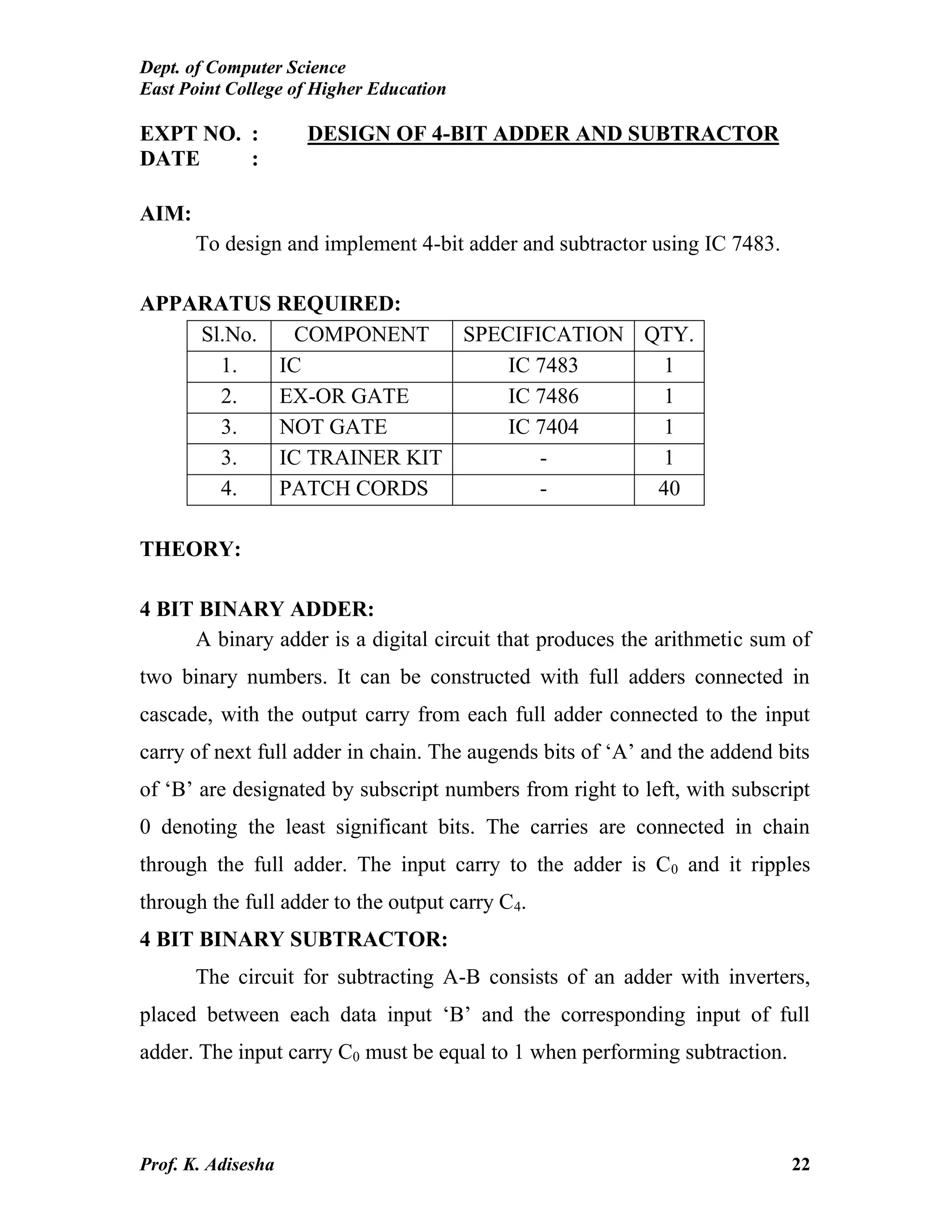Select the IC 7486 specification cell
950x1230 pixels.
tap(543, 396)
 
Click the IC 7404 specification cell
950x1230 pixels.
tap(543, 427)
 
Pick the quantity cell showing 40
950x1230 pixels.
tap(668, 488)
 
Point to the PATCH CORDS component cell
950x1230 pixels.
tap(353, 488)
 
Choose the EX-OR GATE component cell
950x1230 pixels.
tap(344, 396)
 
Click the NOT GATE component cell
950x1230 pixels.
tap(333, 427)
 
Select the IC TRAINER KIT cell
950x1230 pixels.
tap(360, 457)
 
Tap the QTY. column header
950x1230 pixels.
tap(668, 335)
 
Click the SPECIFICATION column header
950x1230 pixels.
tap(543, 335)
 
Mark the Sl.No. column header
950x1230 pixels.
tap(229, 335)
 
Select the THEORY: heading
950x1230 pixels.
tap(190, 549)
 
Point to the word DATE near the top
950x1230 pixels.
tap(169, 159)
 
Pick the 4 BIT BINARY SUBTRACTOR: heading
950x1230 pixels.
tap(293, 939)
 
